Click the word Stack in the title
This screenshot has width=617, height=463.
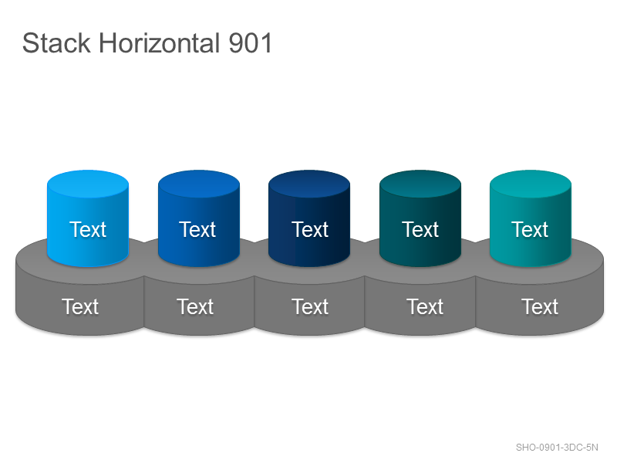[x=56, y=43]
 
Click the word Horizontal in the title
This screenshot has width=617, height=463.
[x=159, y=43]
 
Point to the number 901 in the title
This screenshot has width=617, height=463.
[x=250, y=43]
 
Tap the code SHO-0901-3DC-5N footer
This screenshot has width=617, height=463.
[x=557, y=448]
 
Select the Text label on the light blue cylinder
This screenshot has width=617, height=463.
[x=88, y=229]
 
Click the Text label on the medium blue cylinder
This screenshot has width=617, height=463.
[x=197, y=229]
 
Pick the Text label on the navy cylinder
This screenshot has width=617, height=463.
[x=310, y=229]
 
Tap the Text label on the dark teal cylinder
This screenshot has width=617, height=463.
[x=420, y=229]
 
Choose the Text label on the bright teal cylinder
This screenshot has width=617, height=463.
[x=530, y=229]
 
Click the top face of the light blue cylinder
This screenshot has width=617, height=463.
[x=88, y=184]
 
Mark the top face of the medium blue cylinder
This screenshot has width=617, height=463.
[x=199, y=184]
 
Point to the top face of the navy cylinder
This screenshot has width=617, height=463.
[x=309, y=184]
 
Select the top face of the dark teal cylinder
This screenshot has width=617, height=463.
[x=420, y=184]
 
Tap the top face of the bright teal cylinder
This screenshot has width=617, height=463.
[x=531, y=184]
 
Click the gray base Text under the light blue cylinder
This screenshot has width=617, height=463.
[x=80, y=306]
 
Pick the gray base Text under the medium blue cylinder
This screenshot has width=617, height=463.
[x=195, y=306]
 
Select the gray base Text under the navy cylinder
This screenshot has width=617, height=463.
[x=310, y=306]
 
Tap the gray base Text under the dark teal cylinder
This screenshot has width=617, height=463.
[x=425, y=306]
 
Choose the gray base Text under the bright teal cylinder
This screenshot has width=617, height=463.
[x=540, y=306]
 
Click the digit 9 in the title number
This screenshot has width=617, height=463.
[x=236, y=43]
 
